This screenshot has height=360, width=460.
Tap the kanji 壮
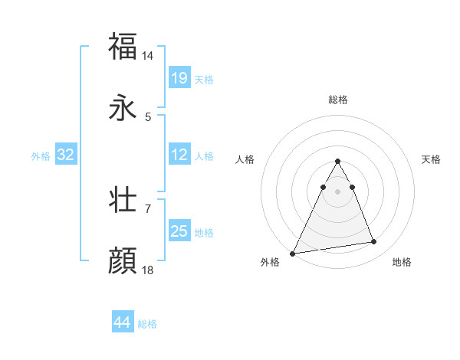pos(123,201)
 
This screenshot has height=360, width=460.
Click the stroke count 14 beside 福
pos(148,56)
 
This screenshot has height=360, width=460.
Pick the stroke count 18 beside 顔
pos(148,270)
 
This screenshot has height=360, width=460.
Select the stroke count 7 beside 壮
pos(148,208)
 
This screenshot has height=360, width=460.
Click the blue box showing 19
pos(179,78)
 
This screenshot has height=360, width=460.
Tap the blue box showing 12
pos(179,155)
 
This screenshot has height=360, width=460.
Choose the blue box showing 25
pos(179,231)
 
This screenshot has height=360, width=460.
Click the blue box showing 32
pos(66,155)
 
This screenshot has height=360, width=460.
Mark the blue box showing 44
pos(123,322)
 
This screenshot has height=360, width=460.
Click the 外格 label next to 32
pos(41,155)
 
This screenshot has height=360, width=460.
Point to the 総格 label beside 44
pos(147,324)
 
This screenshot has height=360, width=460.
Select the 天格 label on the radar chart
pos(432,159)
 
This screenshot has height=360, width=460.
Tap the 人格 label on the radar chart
pos(245,159)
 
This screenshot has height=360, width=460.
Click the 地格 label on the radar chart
pos(402,262)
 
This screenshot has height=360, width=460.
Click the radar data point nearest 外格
pos(293,253)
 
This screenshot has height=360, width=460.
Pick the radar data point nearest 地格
pos(374,242)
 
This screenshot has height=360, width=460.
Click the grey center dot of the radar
pos(337,191)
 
